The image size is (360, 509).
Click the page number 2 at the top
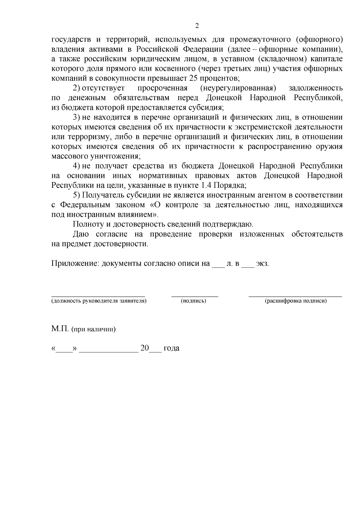coord(197,26)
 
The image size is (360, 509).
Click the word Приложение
coord(75,264)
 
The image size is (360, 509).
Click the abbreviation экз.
coord(262,264)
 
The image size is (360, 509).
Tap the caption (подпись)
coord(193,301)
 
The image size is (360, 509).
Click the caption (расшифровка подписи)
coord(295,301)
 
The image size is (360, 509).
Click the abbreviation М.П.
coord(60,329)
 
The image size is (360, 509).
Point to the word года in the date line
coord(171,348)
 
